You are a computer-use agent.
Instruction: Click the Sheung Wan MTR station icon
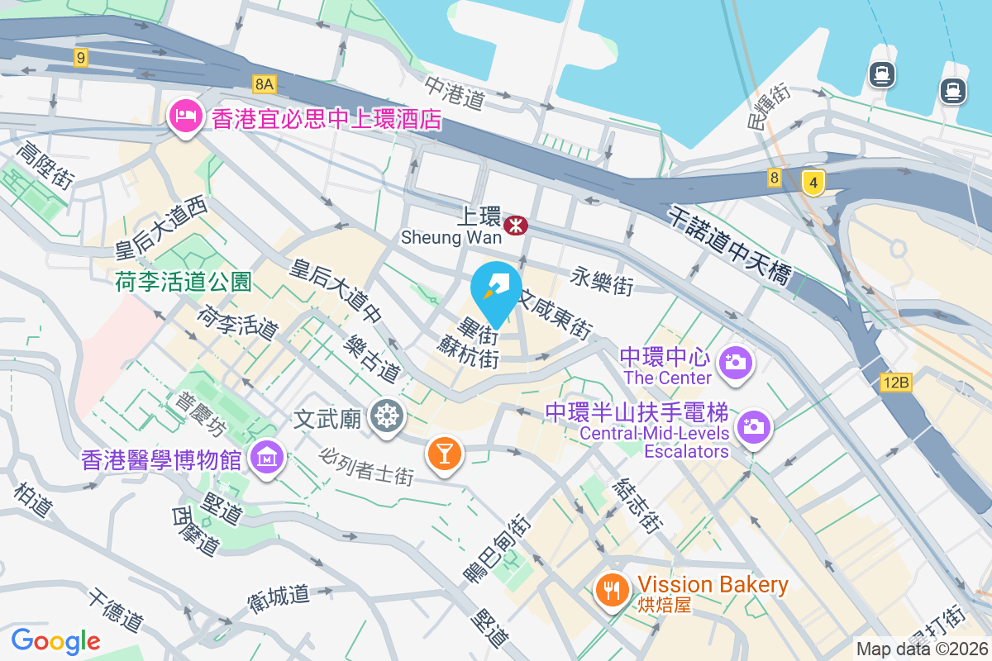pos(517,224)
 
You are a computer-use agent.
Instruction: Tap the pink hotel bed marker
pos(184,117)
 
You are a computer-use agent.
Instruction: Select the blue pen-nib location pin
pos(496,289)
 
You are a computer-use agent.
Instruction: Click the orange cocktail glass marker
pos(444,453)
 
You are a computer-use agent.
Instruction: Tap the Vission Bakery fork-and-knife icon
pos(612,589)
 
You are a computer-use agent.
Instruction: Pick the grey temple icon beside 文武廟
pos(385,416)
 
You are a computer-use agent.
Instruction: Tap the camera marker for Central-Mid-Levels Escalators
pos(753,427)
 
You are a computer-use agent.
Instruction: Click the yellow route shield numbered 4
pos(813,182)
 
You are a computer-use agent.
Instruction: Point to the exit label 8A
pos(264,83)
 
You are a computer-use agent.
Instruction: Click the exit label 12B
pos(895,383)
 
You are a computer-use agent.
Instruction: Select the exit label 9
pos(80,57)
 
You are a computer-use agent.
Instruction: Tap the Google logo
pos(56,641)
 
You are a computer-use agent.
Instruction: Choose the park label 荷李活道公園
pos(184,283)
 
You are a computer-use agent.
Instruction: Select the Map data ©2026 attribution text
pos(923,649)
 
